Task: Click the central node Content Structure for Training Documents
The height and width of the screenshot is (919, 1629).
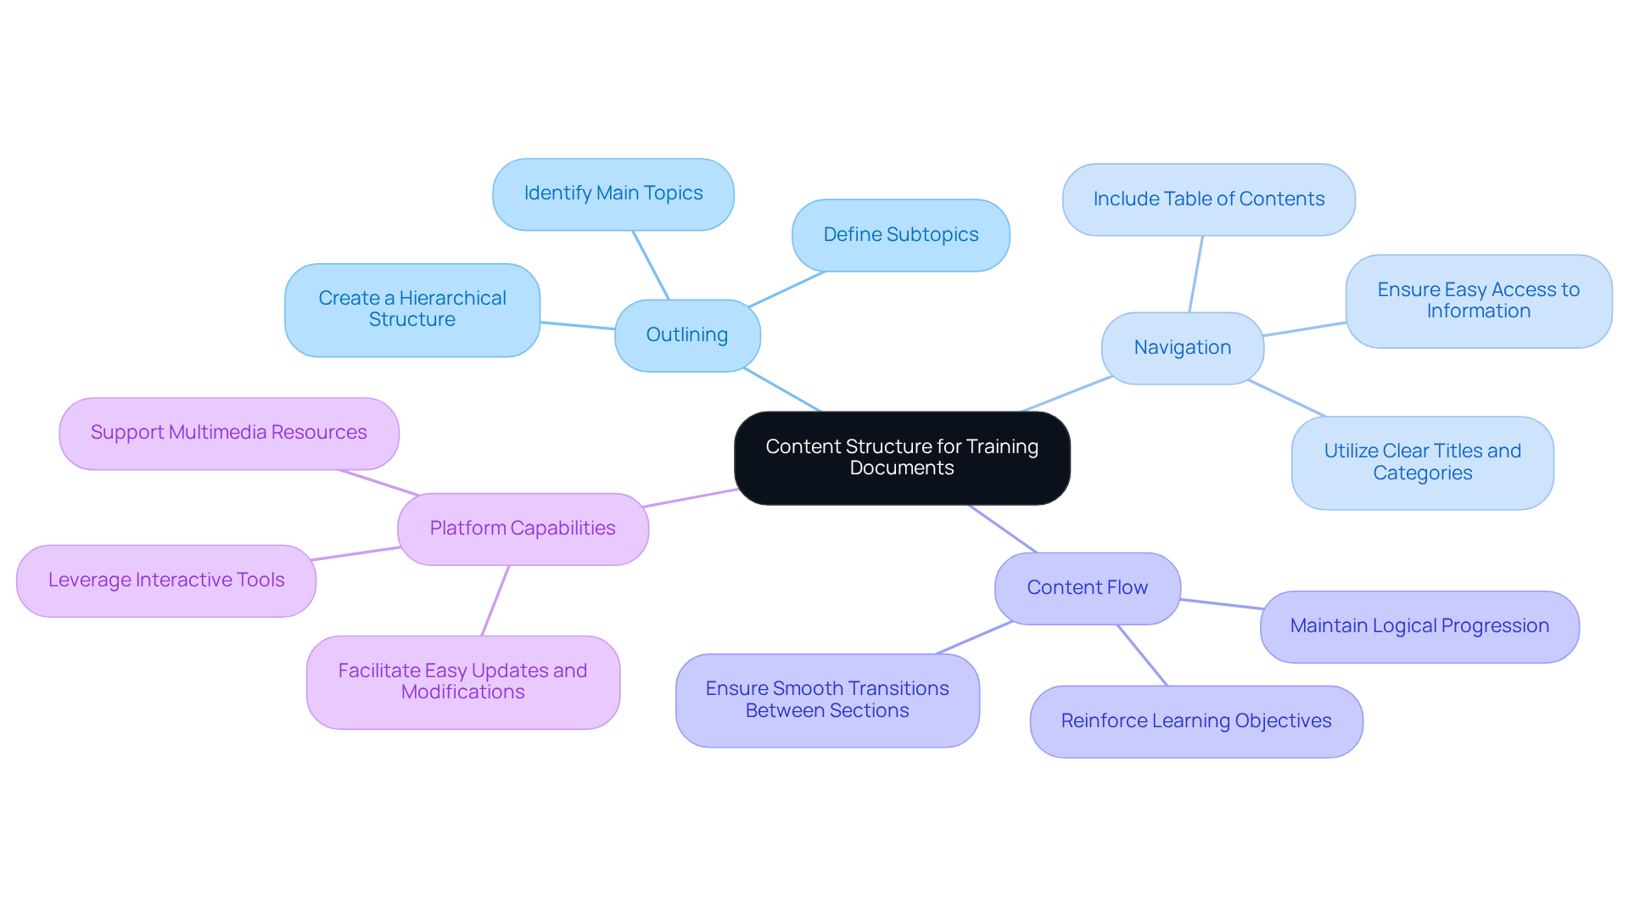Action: point(902,457)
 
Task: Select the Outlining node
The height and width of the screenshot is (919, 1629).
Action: point(687,335)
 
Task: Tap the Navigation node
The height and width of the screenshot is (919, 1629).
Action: point(1182,348)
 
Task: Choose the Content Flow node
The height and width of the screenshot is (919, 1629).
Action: point(1087,588)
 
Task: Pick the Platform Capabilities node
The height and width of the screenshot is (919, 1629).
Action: point(523,529)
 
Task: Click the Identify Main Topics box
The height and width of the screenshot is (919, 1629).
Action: point(613,193)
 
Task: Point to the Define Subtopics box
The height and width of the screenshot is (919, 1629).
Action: point(900,235)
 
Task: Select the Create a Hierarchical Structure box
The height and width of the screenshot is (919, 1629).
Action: point(412,310)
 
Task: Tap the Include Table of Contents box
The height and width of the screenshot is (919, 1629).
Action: point(1208,199)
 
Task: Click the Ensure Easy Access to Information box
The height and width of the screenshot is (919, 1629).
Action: point(1478,301)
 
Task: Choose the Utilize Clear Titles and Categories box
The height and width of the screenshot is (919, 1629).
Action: point(1422,462)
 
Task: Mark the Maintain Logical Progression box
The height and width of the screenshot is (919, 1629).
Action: point(1419,626)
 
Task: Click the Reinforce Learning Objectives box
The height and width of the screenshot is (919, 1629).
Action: point(1196,721)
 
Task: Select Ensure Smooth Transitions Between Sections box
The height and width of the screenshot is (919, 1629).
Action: point(827,700)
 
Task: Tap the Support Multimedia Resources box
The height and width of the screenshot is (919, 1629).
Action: point(229,433)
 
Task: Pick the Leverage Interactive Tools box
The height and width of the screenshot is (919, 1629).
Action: point(166,580)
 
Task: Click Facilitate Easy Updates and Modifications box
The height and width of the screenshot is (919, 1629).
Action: point(463,681)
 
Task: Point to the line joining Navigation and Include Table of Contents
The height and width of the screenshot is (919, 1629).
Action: point(1196,273)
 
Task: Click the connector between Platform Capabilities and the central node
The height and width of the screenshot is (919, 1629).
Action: point(691,498)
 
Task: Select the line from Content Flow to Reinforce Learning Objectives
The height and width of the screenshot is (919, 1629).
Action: point(1143,655)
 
